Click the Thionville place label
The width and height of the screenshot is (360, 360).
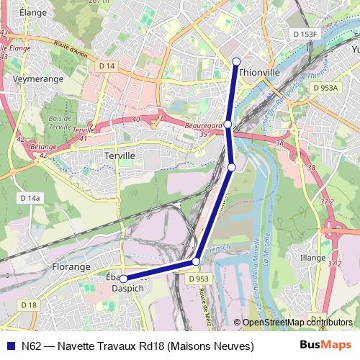[x=258, y=72]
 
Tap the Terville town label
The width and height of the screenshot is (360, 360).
[x=120, y=155]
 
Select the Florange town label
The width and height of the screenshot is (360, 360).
[x=71, y=266]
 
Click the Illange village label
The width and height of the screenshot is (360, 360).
[x=313, y=257]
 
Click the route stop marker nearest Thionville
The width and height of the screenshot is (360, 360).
[x=236, y=60]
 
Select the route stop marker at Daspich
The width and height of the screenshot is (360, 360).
[x=123, y=279]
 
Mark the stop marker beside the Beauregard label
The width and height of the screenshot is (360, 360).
[x=228, y=125]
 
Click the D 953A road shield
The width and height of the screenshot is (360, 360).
[x=325, y=87]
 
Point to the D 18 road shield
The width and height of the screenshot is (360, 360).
[x=29, y=305]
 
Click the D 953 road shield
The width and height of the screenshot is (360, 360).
[x=199, y=279]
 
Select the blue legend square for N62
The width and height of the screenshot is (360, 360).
[x=9, y=346]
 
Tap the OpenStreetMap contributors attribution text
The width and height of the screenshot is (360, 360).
[x=297, y=323]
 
